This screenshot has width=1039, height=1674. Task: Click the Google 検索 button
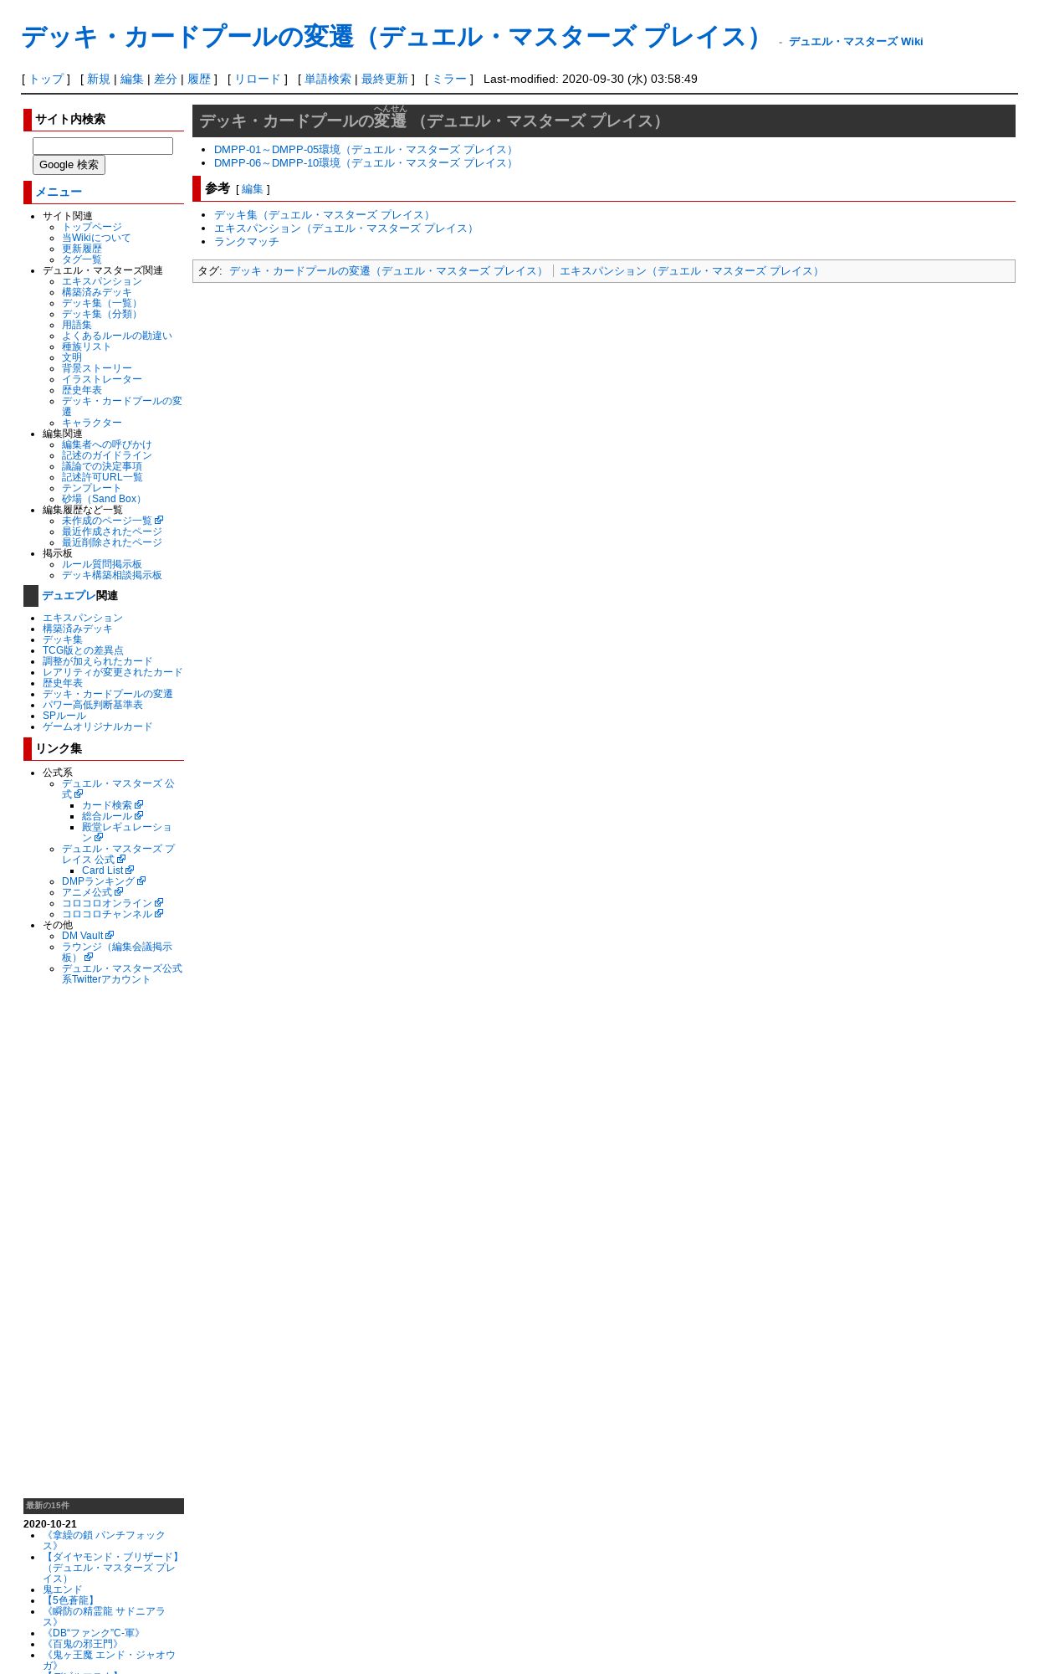(x=69, y=165)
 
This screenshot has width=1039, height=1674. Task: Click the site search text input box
(x=103, y=146)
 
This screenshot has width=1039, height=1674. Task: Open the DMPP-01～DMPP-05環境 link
(x=365, y=150)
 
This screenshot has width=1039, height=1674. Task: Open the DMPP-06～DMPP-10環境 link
(x=365, y=163)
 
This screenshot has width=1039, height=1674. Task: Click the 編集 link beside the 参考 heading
(x=253, y=189)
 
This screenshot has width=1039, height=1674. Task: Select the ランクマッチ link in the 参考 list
(x=247, y=242)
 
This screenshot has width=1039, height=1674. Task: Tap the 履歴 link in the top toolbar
(x=199, y=79)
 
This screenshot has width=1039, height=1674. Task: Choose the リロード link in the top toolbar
(x=258, y=79)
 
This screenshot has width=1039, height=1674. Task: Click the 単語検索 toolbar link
(x=328, y=79)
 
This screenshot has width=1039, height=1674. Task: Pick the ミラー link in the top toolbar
(x=449, y=79)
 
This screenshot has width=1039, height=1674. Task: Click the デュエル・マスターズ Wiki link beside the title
(x=856, y=41)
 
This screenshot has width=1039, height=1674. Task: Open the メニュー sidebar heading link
(x=59, y=192)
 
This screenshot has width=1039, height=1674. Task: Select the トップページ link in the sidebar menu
(x=92, y=227)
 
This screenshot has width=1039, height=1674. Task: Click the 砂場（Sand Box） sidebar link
(x=103, y=499)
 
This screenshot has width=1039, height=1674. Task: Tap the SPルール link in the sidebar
(x=64, y=716)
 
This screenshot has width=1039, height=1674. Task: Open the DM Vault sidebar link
(x=87, y=936)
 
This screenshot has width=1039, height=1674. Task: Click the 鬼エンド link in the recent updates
(x=63, y=1589)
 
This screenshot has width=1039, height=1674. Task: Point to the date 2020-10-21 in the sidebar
(x=50, y=1524)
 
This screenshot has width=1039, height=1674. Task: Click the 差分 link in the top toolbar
(x=166, y=79)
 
